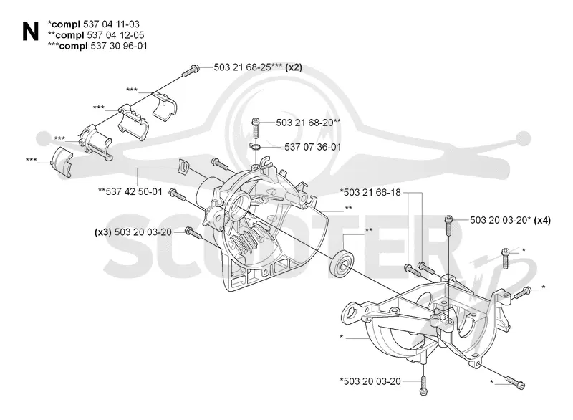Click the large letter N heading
[x=30, y=32]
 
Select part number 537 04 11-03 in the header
[x=111, y=24]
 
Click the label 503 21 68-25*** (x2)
[x=258, y=67]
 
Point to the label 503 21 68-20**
[x=309, y=123]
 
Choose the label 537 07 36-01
[x=312, y=147]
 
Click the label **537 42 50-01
[x=130, y=191]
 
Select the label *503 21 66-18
[x=370, y=192]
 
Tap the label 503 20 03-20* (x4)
[x=510, y=220]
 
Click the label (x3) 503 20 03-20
[x=133, y=232]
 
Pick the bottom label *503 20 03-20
[x=370, y=381]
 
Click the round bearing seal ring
[x=342, y=262]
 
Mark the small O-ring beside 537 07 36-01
[x=256, y=147]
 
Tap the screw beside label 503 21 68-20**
[x=256, y=126]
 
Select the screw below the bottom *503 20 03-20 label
[x=423, y=386]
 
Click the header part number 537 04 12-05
[x=115, y=35]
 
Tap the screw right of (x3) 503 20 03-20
[x=193, y=233]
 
